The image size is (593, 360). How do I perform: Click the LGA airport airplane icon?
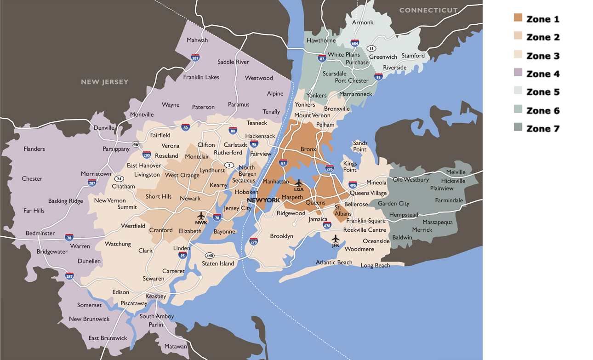pyautogui.click(x=299, y=183)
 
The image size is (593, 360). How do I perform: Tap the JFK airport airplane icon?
pyautogui.click(x=336, y=239)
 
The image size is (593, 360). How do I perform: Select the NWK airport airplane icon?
pyautogui.click(x=201, y=216)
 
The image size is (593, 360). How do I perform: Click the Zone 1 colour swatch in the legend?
pyautogui.click(x=518, y=18)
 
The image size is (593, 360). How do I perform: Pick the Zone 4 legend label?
pyautogui.click(x=543, y=74)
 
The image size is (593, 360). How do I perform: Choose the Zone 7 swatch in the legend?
pyautogui.click(x=518, y=128)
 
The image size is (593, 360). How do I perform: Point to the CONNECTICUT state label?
pyautogui.click(x=428, y=10)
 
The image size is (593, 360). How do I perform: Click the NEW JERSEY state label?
pyautogui.click(x=104, y=82)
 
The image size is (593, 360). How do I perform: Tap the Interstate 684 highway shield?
pyautogui.click(x=354, y=43)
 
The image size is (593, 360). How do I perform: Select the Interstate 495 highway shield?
pyautogui.click(x=353, y=185)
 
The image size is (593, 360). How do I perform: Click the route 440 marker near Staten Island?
pyautogui.click(x=210, y=256)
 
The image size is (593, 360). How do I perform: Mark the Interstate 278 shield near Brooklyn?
pyautogui.click(x=253, y=241)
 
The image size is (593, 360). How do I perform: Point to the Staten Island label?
pyautogui.click(x=218, y=263)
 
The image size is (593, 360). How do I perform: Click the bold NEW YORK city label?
pyautogui.click(x=263, y=200)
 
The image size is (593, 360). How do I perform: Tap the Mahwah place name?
pyautogui.click(x=197, y=40)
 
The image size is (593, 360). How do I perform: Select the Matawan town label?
pyautogui.click(x=176, y=346)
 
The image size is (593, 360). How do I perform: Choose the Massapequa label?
pyautogui.click(x=437, y=222)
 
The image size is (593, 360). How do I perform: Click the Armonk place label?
pyautogui.click(x=363, y=22)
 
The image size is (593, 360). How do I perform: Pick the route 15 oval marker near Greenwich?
pyautogui.click(x=371, y=49)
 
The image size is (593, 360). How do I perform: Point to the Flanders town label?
pyautogui.click(x=34, y=149)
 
